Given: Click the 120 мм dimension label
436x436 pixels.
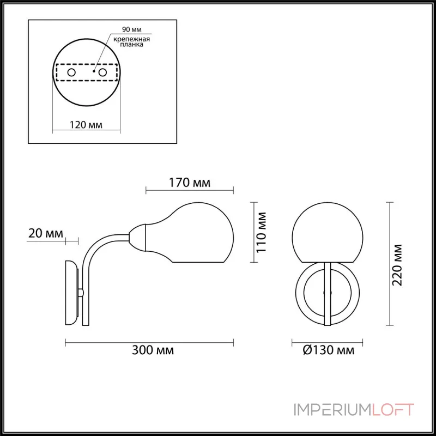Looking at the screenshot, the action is [86, 125].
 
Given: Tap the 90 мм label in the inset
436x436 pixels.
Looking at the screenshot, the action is [132, 29].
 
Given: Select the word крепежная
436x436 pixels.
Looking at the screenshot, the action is [132, 39].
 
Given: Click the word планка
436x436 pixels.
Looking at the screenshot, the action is [132, 45].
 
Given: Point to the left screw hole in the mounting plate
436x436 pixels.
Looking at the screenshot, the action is [71, 72].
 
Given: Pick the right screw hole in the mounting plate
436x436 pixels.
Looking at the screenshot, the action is [103, 72].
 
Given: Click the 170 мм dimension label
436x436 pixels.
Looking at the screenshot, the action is [190, 183].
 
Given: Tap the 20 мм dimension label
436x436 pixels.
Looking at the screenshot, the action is [46, 233].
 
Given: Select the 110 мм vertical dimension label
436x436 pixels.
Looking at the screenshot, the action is [261, 233].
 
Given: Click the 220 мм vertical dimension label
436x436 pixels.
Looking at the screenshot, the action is [397, 265].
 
